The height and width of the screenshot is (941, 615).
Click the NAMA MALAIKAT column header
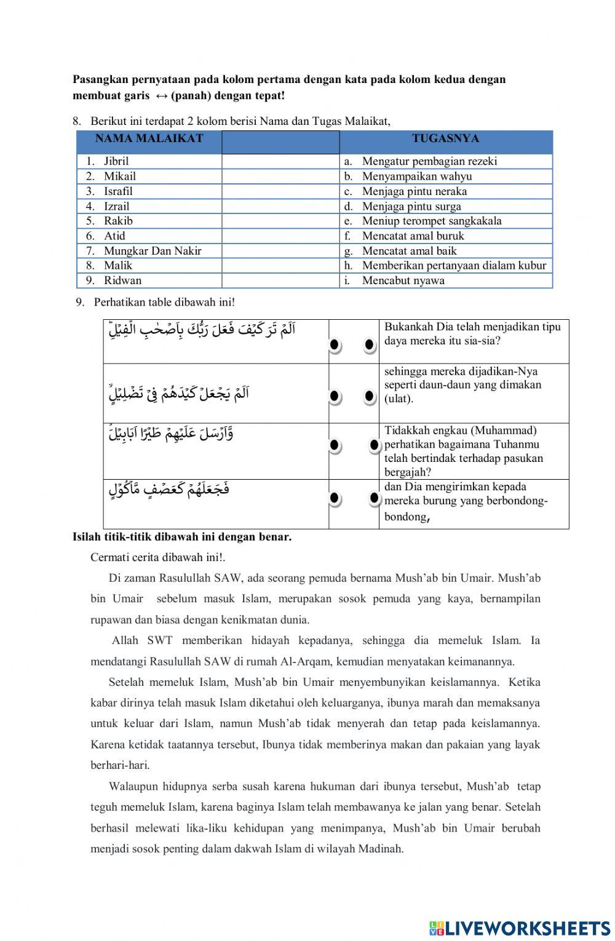(149, 139)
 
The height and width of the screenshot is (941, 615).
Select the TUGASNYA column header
(445, 139)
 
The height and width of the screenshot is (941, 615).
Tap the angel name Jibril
(116, 162)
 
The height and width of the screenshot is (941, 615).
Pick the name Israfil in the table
(118, 191)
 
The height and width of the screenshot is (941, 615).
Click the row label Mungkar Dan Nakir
(153, 251)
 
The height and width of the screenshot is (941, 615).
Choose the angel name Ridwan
(122, 280)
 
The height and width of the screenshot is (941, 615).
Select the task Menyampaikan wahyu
(417, 177)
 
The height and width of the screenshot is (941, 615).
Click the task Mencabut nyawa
(403, 280)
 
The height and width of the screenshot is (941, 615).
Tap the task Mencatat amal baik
(409, 251)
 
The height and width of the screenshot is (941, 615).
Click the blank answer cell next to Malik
(280, 266)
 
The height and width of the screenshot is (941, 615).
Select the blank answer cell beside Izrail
(280, 207)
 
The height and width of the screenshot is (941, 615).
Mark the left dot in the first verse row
(335, 346)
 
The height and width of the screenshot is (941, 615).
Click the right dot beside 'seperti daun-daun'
(370, 396)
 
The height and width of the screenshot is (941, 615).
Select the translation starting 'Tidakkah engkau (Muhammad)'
(464, 451)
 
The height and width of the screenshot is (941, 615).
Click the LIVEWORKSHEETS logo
(520, 927)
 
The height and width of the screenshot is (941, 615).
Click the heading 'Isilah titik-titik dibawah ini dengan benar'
(182, 537)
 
